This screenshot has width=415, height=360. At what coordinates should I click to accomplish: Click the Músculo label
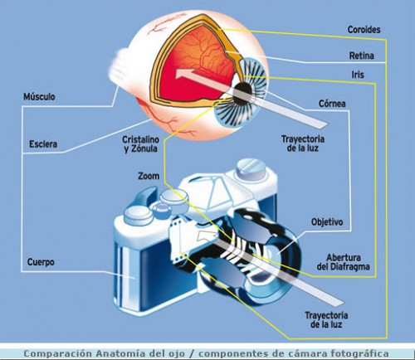click(x=38, y=97)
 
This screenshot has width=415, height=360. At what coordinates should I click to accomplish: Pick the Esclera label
click(x=42, y=144)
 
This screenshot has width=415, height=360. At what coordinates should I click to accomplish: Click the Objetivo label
click(x=327, y=222)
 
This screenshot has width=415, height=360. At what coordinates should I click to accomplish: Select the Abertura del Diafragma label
click(x=339, y=261)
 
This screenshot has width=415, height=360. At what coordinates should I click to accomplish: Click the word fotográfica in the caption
click(x=356, y=353)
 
